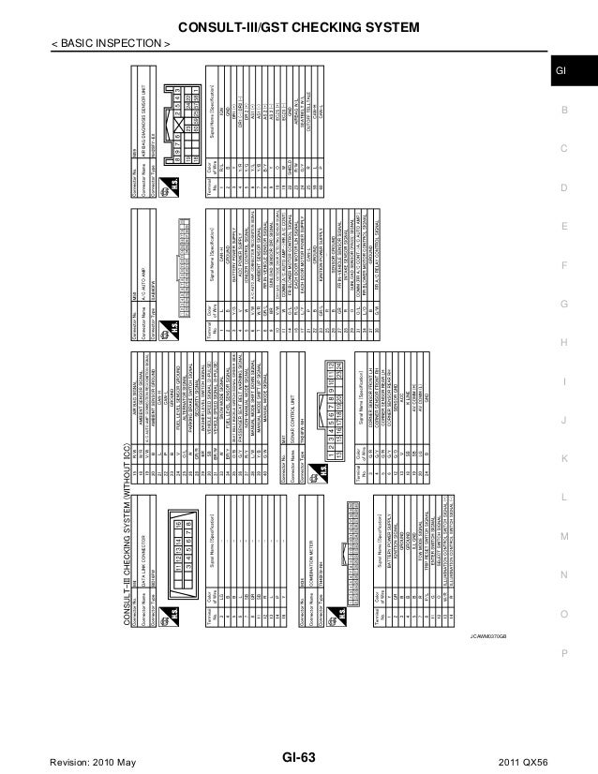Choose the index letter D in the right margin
click(x=563, y=188)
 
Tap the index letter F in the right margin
click(x=563, y=266)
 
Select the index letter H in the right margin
click(x=563, y=344)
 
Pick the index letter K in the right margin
click(x=563, y=457)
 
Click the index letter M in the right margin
click(x=563, y=535)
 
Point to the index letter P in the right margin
click(x=563, y=652)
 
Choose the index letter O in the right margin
click(x=563, y=613)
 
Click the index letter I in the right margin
click(x=563, y=382)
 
